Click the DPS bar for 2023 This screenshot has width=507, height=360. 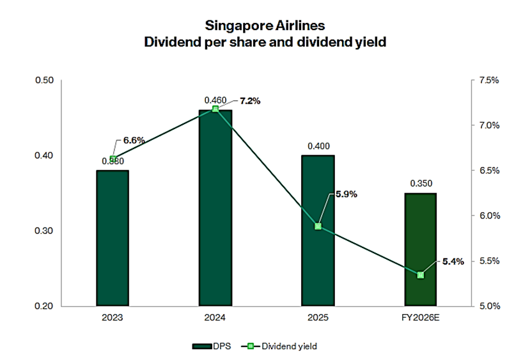[x=113, y=238]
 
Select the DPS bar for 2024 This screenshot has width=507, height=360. [x=215, y=208]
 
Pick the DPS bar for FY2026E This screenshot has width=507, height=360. [x=420, y=249]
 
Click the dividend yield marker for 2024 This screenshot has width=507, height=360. [x=215, y=109]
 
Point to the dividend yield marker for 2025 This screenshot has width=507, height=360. [x=318, y=226]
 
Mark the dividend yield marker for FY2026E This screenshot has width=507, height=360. [x=420, y=275]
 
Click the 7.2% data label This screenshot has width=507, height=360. [x=250, y=101]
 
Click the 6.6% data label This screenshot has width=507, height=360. [x=134, y=140]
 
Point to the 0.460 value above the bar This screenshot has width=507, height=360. [x=215, y=100]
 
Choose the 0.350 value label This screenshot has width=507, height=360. [x=420, y=183]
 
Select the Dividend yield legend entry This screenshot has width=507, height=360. [x=281, y=346]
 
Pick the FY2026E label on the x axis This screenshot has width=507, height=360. [x=420, y=316]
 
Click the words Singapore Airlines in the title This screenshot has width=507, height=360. [x=255, y=26]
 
